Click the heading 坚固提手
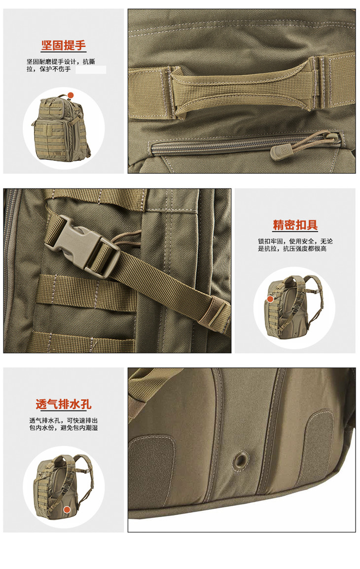coord(64,45)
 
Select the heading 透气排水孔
coord(64,404)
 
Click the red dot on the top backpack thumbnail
coord(71,95)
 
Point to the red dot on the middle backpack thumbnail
coord(270,299)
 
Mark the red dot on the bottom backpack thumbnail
coord(67,510)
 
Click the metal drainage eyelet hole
coord(240,459)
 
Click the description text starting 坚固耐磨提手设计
coord(61,65)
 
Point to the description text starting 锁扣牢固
coord(295,245)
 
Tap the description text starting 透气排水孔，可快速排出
coord(64,424)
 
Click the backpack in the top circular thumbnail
coord(61,128)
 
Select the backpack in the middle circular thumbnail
coord(293,306)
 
